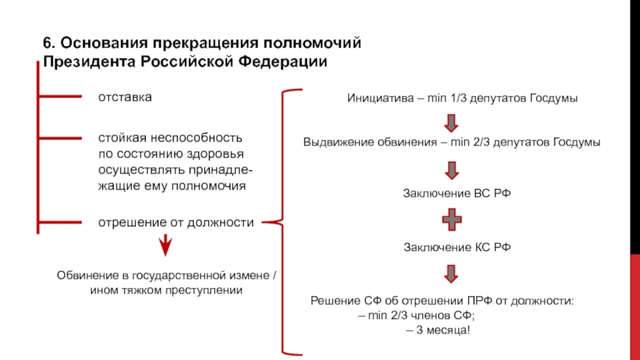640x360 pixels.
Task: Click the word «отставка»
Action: (125, 97)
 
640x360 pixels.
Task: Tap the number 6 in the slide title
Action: (47, 43)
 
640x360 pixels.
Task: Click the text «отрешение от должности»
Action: (176, 222)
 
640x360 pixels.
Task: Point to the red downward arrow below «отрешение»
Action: (166, 246)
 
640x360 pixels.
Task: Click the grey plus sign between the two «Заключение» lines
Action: (452, 219)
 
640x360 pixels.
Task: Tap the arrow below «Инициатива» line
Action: (451, 123)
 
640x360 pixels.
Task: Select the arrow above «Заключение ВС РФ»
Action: (451, 170)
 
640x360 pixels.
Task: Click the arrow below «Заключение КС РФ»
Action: (451, 274)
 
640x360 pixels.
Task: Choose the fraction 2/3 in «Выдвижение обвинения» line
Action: (482, 142)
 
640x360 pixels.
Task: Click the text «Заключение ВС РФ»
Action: (457, 193)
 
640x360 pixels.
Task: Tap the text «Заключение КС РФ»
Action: (457, 247)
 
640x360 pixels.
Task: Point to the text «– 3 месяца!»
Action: (438, 330)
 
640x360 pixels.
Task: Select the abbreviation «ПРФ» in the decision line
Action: (479, 301)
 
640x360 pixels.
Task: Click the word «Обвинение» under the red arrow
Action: (89, 275)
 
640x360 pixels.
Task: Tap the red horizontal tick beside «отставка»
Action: (59, 96)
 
